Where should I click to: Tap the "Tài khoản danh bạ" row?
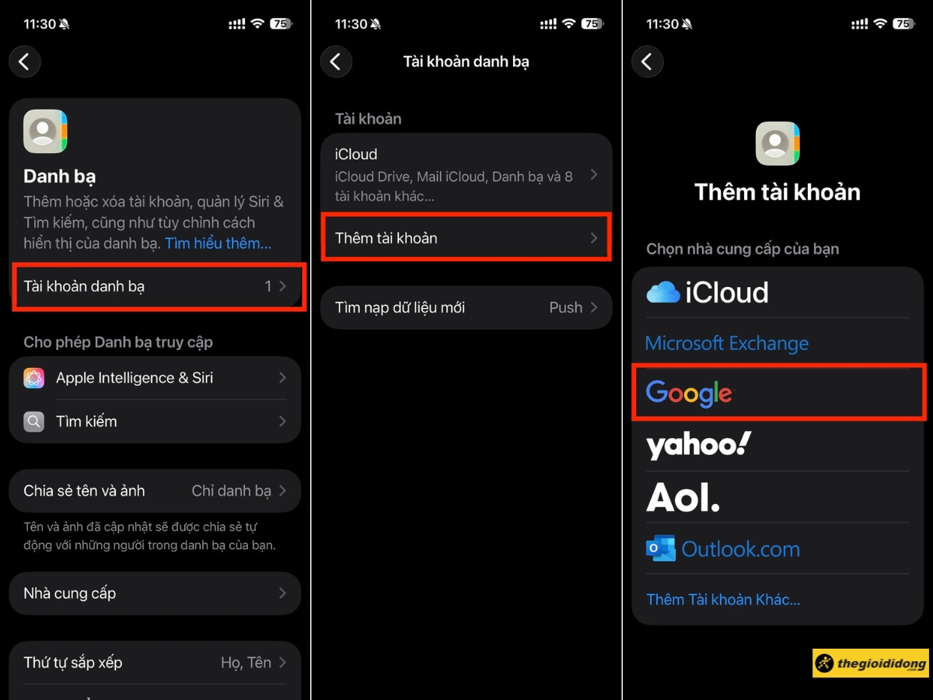click(x=155, y=286)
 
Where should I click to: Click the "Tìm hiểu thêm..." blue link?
click(x=218, y=243)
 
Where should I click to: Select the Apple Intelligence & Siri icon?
click(x=33, y=378)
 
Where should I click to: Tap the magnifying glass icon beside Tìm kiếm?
click(x=33, y=422)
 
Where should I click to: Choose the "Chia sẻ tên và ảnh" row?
click(x=155, y=491)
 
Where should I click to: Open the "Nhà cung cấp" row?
click(x=155, y=593)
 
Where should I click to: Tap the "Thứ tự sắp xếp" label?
click(x=73, y=663)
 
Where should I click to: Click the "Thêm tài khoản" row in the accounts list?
click(x=466, y=238)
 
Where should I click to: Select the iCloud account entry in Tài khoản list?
click(x=466, y=174)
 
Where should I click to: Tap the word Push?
click(x=565, y=307)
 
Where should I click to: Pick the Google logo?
click(x=689, y=394)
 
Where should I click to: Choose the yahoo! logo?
click(x=698, y=445)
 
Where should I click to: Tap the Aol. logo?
click(x=683, y=496)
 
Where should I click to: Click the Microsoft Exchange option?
click(x=727, y=343)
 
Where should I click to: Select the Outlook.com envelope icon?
click(x=661, y=549)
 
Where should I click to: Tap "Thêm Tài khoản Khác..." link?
click(x=723, y=600)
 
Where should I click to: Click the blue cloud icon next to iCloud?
click(x=663, y=292)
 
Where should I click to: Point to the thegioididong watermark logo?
click(x=871, y=663)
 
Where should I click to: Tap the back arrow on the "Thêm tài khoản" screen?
click(x=647, y=61)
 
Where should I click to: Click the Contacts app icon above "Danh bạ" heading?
click(x=45, y=131)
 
